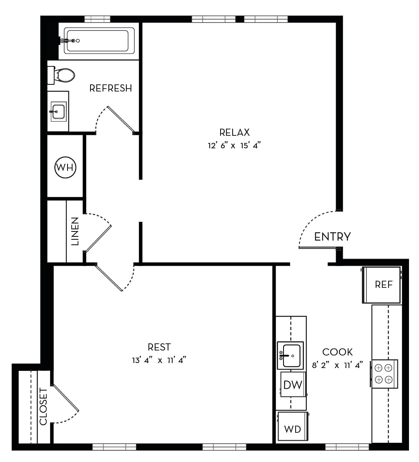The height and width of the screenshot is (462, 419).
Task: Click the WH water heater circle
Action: (x=65, y=168)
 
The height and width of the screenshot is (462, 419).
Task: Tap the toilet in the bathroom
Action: (x=61, y=76)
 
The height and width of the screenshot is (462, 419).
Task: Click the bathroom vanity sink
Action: (x=58, y=112)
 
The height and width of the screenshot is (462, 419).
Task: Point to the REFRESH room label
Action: (x=110, y=88)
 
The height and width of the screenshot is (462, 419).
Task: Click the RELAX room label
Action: (x=234, y=132)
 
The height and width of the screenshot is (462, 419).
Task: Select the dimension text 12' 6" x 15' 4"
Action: (x=234, y=145)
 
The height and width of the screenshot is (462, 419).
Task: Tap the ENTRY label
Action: (x=333, y=236)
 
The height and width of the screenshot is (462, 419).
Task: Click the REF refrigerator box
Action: (x=381, y=285)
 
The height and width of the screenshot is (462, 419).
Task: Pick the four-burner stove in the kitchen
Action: (x=384, y=373)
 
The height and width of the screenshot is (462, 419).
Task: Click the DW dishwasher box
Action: (x=293, y=384)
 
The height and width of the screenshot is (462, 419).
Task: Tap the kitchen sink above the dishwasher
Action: (x=290, y=355)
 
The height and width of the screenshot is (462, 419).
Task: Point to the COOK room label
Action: (x=337, y=352)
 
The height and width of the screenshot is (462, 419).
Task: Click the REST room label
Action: (x=159, y=347)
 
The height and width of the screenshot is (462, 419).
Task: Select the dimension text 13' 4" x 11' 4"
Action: (x=159, y=360)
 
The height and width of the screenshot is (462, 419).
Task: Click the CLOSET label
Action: (x=43, y=406)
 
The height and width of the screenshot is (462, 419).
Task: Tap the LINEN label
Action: (x=75, y=231)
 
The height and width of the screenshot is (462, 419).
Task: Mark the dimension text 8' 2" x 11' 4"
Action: (x=337, y=366)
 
